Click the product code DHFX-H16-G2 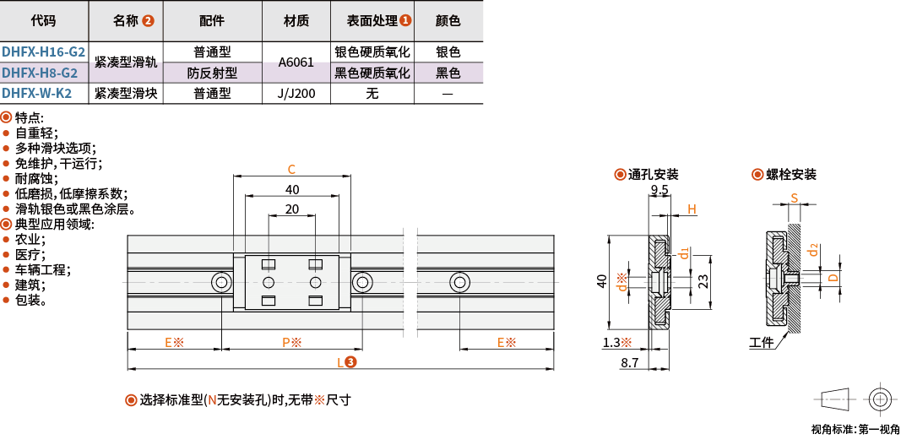click(43, 52)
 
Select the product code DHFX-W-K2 click(37, 93)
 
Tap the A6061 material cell click(296, 62)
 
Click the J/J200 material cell click(296, 93)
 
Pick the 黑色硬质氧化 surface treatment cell click(372, 73)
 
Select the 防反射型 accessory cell click(213, 73)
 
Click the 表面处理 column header click(372, 21)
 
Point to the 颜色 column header click(448, 21)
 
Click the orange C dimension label click(291, 169)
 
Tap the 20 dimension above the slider click(292, 209)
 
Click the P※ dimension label click(292, 343)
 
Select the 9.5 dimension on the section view click(659, 189)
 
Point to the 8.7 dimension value click(631, 363)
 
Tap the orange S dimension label click(795, 198)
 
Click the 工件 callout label click(761, 344)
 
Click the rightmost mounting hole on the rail click(459, 282)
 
